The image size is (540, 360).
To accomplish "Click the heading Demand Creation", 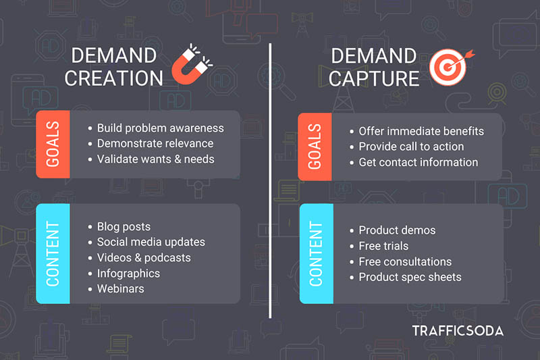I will (114, 66).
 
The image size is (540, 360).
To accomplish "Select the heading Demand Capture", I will (375, 66).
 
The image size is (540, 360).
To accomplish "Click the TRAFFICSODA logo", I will (458, 331).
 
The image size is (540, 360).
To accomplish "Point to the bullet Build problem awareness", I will (160, 128).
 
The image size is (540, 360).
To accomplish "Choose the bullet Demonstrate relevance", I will (155, 143).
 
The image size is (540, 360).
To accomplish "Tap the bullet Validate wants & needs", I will (155, 159).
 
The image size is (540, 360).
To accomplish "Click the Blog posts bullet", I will (124, 226).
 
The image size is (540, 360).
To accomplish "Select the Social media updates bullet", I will (151, 242).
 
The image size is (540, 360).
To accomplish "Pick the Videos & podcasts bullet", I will (144, 257).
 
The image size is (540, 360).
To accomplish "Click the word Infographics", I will (128, 273).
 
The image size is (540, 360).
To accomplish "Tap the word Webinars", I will (120, 288).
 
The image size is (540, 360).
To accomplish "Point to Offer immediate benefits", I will (421, 131).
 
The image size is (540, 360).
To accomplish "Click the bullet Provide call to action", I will (411, 147).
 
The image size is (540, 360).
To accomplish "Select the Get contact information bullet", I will (418, 162).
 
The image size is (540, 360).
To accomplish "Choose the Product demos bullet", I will (397, 230).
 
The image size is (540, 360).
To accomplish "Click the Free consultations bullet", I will (405, 261).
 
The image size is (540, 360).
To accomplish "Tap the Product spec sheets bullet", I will (410, 277).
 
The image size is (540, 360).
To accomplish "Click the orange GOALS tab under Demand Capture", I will (315, 147).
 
